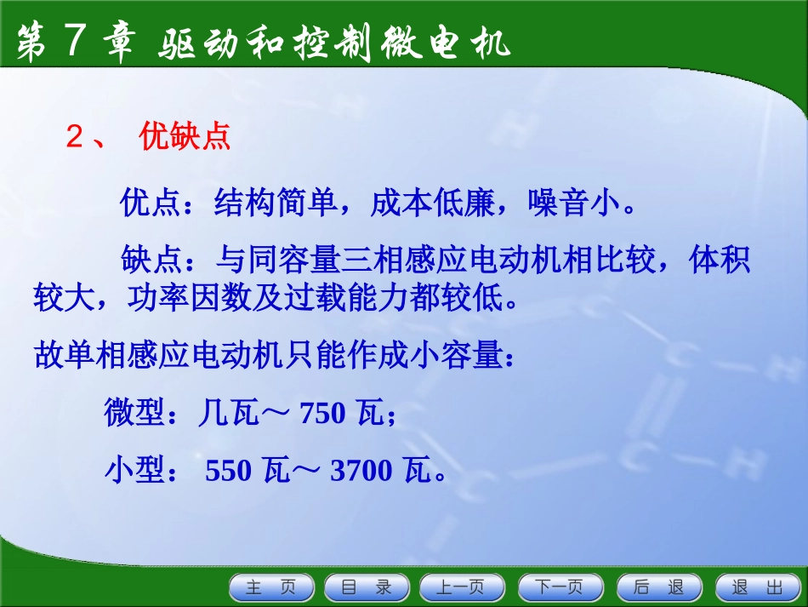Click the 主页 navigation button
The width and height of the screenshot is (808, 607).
271,587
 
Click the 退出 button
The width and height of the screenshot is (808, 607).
756,587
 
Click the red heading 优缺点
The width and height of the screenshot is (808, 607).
185,138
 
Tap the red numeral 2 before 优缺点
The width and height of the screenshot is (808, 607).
74,139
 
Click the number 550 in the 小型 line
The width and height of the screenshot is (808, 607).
229,469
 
